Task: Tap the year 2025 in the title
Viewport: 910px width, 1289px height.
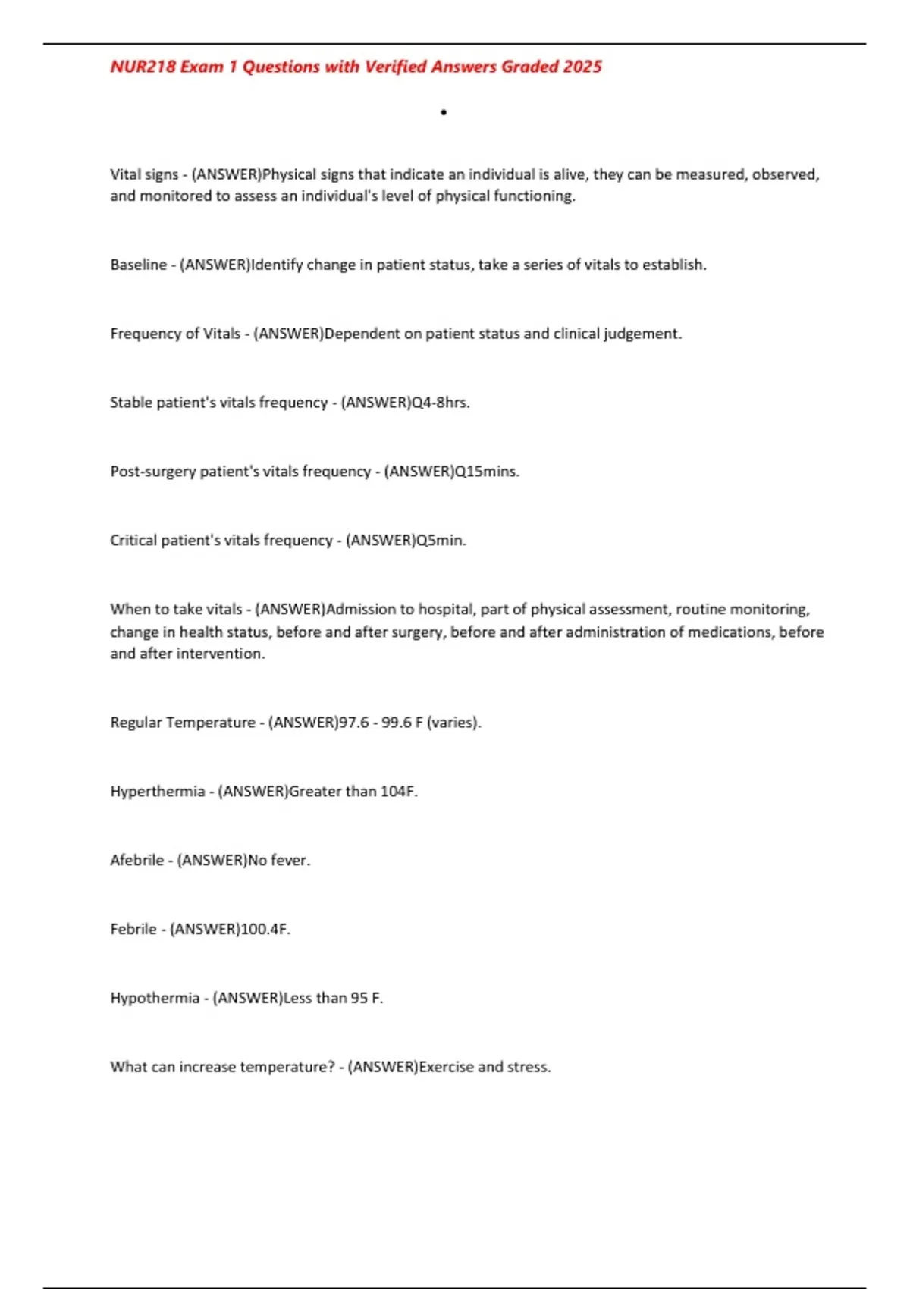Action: click(582, 67)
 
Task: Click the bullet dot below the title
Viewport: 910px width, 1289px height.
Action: click(444, 113)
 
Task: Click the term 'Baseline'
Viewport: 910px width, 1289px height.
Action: click(138, 265)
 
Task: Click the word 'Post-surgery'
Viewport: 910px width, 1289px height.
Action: click(153, 472)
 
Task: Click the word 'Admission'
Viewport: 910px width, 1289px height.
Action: click(361, 610)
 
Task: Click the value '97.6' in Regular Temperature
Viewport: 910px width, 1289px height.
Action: click(353, 723)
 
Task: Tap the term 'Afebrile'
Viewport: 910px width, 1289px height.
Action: click(136, 861)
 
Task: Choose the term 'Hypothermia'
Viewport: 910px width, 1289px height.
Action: click(155, 999)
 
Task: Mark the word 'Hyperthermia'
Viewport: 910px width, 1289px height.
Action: click(157, 792)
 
